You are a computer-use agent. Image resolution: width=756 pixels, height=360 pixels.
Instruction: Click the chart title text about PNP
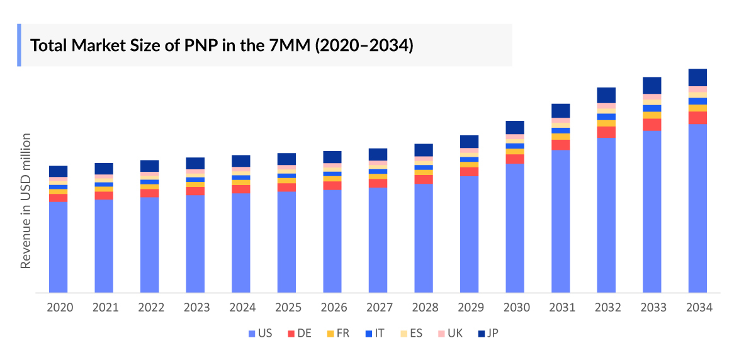(222, 45)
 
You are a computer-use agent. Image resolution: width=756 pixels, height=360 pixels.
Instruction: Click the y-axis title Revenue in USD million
(26, 201)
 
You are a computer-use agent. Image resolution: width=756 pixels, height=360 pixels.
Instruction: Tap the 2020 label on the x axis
(59, 308)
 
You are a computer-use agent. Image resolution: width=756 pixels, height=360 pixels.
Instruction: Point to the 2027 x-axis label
(378, 308)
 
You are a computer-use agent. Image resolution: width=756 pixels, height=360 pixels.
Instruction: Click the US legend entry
(260, 333)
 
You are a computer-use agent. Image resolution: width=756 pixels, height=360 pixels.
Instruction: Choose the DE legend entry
(299, 333)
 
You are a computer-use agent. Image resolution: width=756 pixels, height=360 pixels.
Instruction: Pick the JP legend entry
(488, 333)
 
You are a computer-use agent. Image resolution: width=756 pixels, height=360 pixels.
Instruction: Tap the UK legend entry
(449, 333)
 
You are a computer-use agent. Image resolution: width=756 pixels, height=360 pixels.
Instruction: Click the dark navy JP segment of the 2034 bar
(697, 77)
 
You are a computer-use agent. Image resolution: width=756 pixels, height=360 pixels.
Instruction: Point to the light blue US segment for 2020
(59, 247)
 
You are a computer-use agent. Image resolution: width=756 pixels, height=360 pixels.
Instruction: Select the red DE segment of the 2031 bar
(561, 145)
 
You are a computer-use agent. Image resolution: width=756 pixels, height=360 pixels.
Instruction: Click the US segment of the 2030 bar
(515, 228)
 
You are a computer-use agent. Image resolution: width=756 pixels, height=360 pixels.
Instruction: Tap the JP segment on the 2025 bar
(287, 159)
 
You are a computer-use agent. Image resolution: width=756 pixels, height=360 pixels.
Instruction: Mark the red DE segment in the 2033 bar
(652, 125)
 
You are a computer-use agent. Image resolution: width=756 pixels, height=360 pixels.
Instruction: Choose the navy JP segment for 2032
(606, 95)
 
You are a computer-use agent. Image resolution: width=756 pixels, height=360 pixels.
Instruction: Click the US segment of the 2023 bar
(195, 244)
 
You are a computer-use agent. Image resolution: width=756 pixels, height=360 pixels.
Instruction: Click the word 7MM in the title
(290, 45)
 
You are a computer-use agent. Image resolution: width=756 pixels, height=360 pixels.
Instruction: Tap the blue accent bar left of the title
(19, 45)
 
